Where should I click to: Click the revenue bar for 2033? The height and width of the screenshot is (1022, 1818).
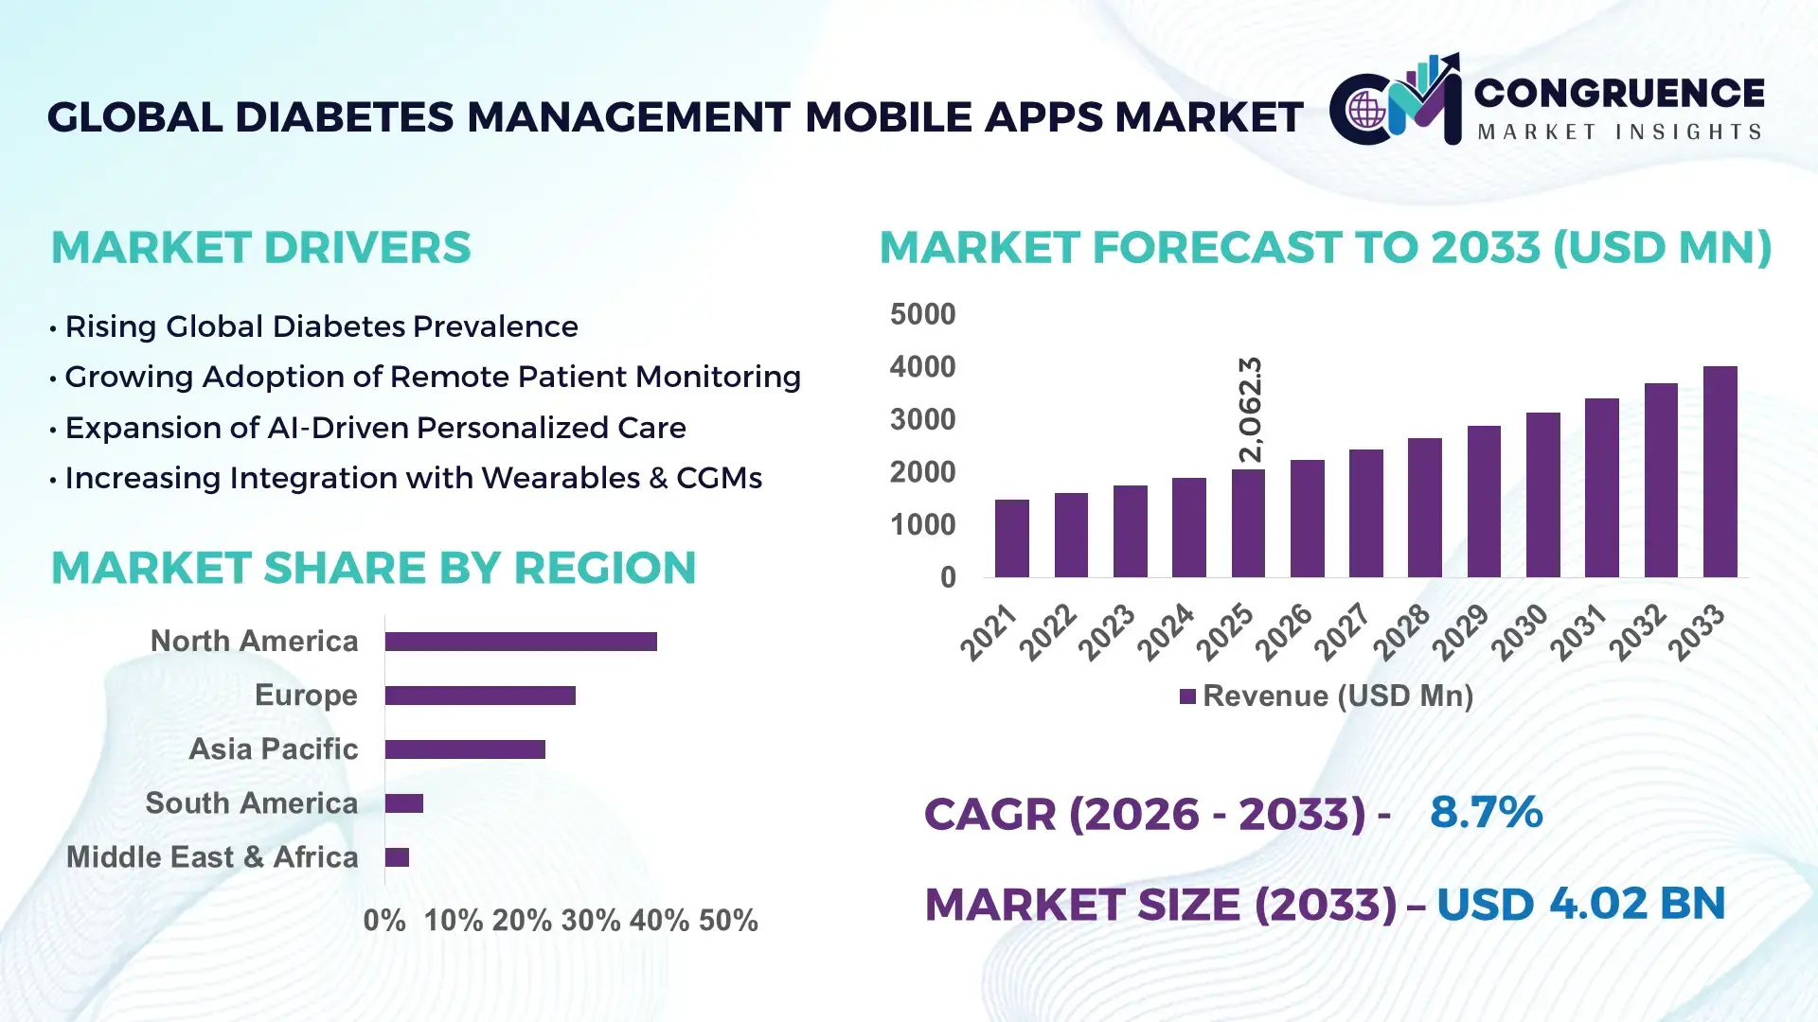1720,472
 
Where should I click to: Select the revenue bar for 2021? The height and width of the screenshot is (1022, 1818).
1011,538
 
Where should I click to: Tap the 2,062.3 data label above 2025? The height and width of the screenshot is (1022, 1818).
1251,410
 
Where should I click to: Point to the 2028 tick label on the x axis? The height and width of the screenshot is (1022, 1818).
1402,631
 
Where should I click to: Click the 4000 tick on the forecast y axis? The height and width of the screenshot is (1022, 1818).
922,367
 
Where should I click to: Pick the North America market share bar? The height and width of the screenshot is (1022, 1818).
521,642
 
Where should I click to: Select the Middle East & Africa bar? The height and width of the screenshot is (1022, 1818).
397,857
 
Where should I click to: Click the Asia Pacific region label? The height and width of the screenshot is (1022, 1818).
274,749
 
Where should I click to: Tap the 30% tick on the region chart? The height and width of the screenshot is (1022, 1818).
590,920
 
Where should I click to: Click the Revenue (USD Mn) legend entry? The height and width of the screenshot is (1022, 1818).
1327,696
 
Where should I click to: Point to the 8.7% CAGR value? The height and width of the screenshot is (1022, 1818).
1486,812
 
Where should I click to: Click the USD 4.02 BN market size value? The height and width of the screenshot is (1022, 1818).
1580,904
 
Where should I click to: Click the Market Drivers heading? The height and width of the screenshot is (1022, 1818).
260,248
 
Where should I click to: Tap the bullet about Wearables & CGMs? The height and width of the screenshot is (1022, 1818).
413,478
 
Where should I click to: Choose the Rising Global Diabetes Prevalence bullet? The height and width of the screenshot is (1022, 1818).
321,326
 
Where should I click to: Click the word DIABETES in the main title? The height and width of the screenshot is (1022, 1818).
345,117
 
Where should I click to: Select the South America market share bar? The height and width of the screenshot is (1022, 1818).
404,803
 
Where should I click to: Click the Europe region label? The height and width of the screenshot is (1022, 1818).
306,695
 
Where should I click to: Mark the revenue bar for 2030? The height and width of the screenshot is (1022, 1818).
1542,495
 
